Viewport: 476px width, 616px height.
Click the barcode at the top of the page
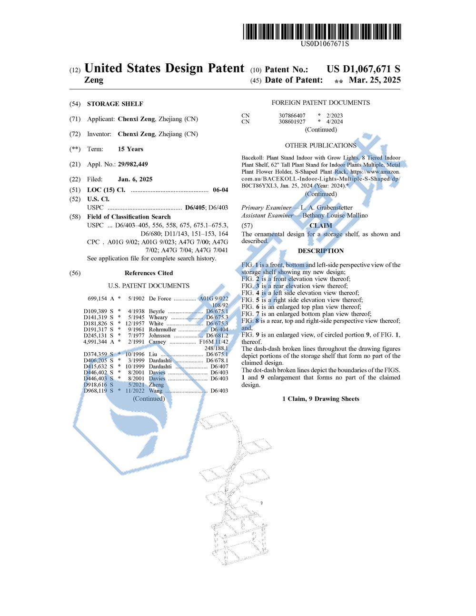(x=322, y=31)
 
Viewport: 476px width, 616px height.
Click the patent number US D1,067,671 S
(x=363, y=69)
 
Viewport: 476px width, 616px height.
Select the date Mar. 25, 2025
(x=375, y=80)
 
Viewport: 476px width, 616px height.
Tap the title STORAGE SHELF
(x=115, y=104)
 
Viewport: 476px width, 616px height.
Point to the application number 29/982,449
(x=133, y=164)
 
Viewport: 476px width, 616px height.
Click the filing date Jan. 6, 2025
(x=135, y=179)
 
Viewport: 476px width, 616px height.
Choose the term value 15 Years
(x=130, y=149)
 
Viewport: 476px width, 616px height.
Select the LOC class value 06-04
(x=220, y=190)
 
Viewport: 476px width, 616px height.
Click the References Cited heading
(x=149, y=273)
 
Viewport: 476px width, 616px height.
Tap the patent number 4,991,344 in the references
(x=95, y=342)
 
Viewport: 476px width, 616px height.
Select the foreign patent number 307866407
(x=292, y=116)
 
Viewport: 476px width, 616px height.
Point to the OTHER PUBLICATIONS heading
(x=320, y=145)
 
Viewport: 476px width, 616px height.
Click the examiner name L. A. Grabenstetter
(x=327, y=208)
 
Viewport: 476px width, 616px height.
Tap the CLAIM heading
(x=320, y=226)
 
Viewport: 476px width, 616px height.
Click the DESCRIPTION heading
(x=320, y=251)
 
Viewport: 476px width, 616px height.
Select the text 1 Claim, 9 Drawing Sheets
(x=320, y=399)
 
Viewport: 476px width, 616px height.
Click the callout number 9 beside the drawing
(x=261, y=503)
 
